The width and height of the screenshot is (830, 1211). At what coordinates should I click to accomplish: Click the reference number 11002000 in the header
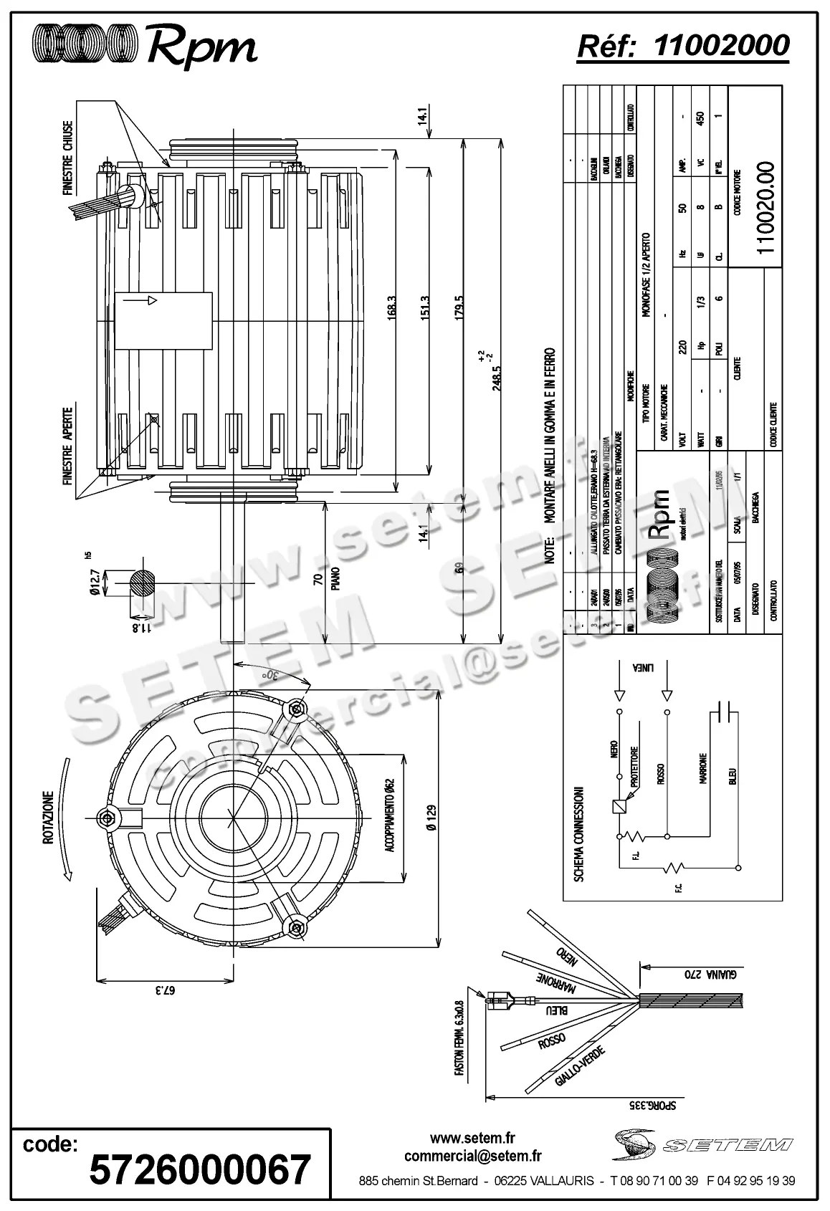722,45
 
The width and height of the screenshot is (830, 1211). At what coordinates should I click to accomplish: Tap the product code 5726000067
200,1169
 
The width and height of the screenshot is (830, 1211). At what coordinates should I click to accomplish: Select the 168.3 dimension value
391,310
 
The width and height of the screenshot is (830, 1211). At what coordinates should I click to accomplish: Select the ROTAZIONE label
49,818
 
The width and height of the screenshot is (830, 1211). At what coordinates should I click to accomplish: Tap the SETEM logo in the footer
703,1144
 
